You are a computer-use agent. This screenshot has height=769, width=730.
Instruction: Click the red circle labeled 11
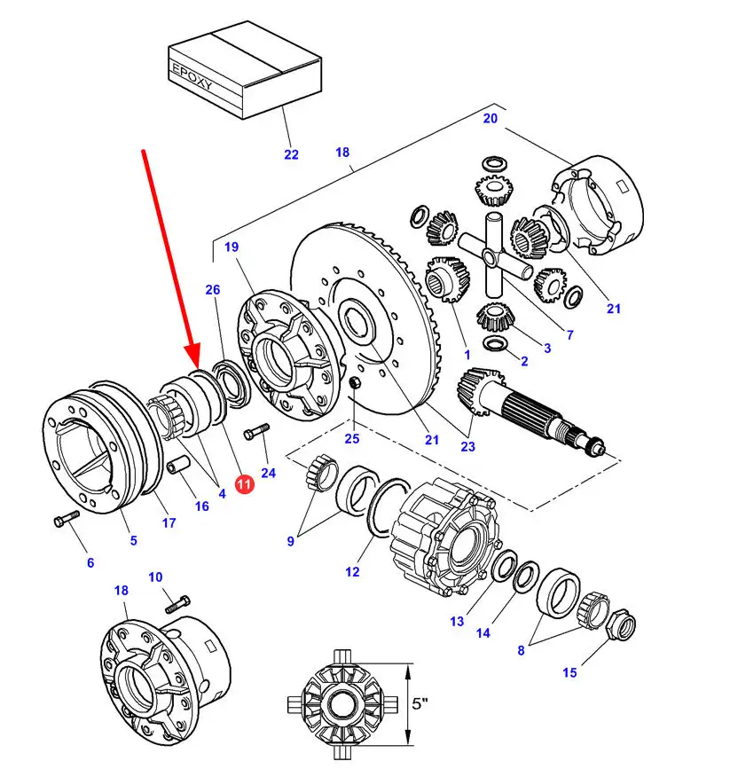(x=244, y=483)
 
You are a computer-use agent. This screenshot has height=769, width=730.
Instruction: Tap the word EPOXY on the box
(x=192, y=76)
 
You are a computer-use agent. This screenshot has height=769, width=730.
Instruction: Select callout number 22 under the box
(x=292, y=154)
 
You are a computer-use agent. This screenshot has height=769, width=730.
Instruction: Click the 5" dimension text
(x=420, y=703)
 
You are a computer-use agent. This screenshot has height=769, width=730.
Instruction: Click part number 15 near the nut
(x=569, y=672)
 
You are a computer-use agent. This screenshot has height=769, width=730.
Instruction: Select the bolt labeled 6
(x=66, y=518)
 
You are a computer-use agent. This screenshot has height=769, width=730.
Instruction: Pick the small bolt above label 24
(x=256, y=430)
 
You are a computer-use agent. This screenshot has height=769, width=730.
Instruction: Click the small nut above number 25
(x=355, y=382)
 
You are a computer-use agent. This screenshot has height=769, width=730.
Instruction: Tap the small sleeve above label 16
(x=178, y=465)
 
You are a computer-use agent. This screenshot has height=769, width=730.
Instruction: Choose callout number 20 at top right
(x=491, y=118)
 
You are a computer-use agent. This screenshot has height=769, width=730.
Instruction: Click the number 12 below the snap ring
(x=352, y=571)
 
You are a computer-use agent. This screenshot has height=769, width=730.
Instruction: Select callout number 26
(x=212, y=289)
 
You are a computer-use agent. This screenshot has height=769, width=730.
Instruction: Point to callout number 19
(x=232, y=247)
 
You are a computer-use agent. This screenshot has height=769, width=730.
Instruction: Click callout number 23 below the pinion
(x=467, y=446)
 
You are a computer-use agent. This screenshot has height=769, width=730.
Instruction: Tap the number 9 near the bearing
(x=290, y=541)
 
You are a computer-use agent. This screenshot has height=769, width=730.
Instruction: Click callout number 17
(x=169, y=522)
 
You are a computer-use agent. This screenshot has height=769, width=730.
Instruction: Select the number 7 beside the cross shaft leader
(x=569, y=335)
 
